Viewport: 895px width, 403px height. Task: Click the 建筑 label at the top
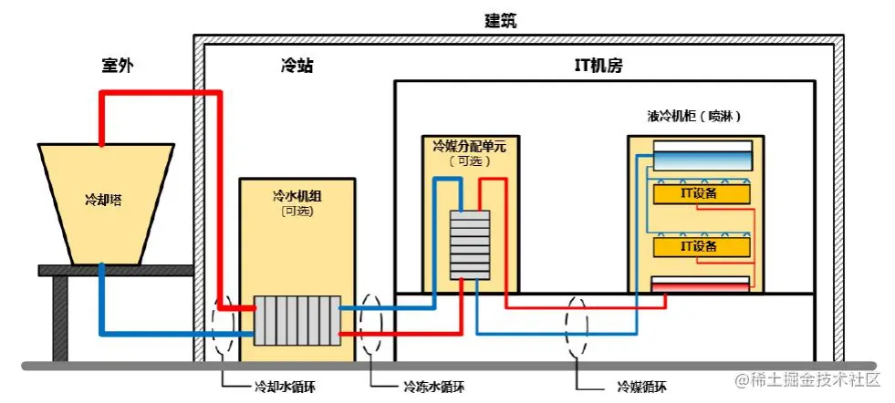[x=500, y=19]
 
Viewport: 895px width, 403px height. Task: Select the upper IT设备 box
[x=701, y=194]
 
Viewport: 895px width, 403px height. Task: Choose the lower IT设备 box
[x=701, y=246]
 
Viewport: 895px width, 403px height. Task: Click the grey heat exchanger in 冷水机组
[x=297, y=320]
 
